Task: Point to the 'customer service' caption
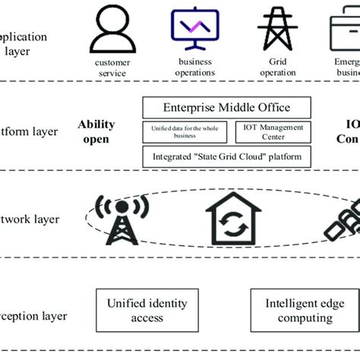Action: click(x=112, y=68)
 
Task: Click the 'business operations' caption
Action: click(x=196, y=68)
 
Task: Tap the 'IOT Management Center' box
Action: click(x=263, y=132)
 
